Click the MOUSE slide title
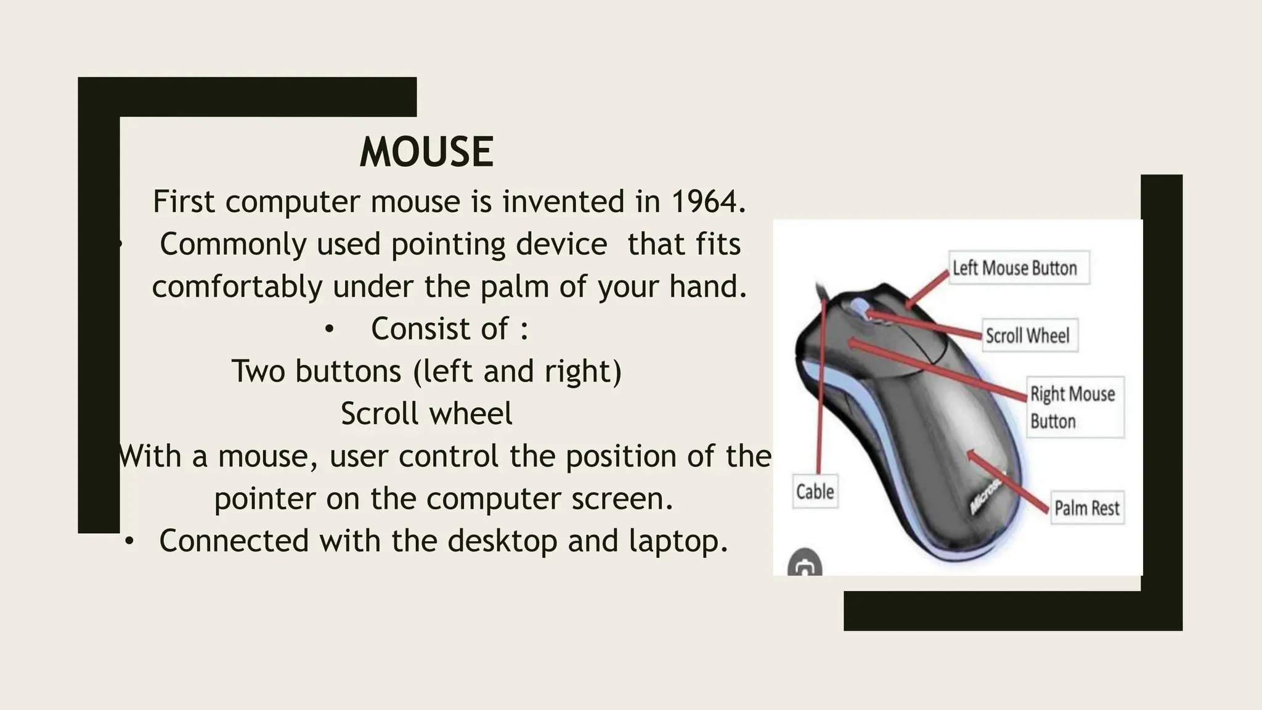point(426,152)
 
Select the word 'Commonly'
point(233,244)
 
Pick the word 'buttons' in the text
point(348,371)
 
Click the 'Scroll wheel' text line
point(426,414)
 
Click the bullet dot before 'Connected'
point(129,542)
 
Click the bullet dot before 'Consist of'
point(329,330)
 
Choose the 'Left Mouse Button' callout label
point(1019,267)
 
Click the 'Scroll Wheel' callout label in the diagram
point(1030,335)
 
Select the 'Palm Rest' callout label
point(1087,508)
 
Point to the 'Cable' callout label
point(815,491)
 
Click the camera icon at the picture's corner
point(804,563)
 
